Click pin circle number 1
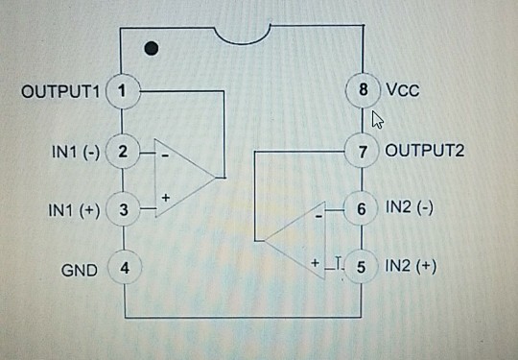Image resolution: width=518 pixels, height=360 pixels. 124,91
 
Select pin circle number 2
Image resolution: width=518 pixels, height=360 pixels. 124,152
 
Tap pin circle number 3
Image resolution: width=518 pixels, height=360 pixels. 124,208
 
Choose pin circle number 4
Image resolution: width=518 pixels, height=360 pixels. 124,269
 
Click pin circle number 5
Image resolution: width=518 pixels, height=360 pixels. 361,266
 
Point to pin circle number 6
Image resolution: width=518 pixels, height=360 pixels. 361,208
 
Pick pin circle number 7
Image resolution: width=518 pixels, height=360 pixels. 362,151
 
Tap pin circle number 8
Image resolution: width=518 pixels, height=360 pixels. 362,91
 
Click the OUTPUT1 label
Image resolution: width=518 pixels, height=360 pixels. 60,92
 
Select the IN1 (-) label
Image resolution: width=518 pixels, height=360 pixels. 74,152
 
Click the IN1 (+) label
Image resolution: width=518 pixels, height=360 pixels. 74,209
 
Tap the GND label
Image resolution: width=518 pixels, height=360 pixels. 80,270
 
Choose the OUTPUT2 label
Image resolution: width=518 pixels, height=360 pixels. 424,151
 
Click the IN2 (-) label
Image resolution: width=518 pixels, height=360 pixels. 410,207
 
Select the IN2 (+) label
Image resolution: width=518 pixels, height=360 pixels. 411,266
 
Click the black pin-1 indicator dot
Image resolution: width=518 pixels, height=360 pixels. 151,47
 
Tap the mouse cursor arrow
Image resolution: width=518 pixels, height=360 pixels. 377,119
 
